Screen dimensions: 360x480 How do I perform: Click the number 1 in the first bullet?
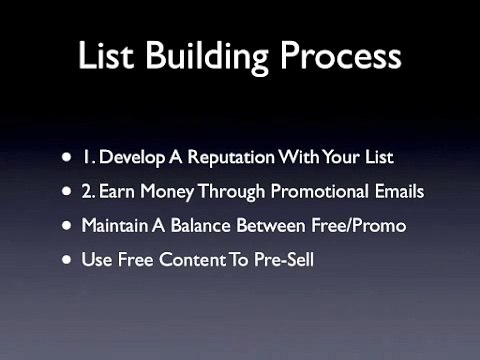(88, 156)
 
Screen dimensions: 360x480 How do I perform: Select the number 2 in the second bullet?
(88, 190)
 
